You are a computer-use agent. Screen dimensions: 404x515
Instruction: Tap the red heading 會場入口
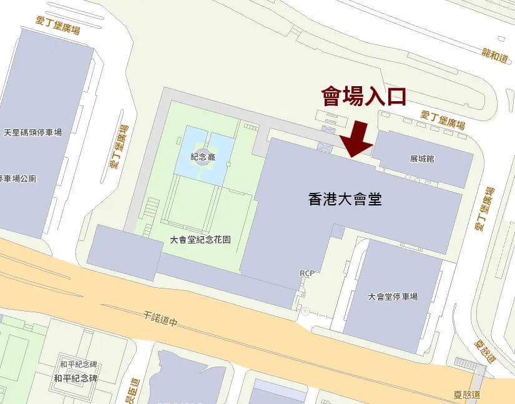364,97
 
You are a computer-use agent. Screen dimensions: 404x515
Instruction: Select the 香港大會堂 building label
345,200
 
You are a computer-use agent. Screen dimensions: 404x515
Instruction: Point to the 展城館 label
422,159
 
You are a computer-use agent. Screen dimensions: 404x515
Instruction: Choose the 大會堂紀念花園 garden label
200,240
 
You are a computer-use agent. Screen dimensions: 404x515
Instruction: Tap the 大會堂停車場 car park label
393,297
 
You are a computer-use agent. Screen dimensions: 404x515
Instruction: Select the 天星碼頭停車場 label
33,133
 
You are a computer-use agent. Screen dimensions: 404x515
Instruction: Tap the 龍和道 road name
496,54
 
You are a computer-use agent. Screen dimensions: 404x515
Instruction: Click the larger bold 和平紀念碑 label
76,378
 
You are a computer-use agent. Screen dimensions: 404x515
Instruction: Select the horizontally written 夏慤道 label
467,395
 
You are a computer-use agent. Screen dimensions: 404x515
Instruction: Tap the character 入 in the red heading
375,97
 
